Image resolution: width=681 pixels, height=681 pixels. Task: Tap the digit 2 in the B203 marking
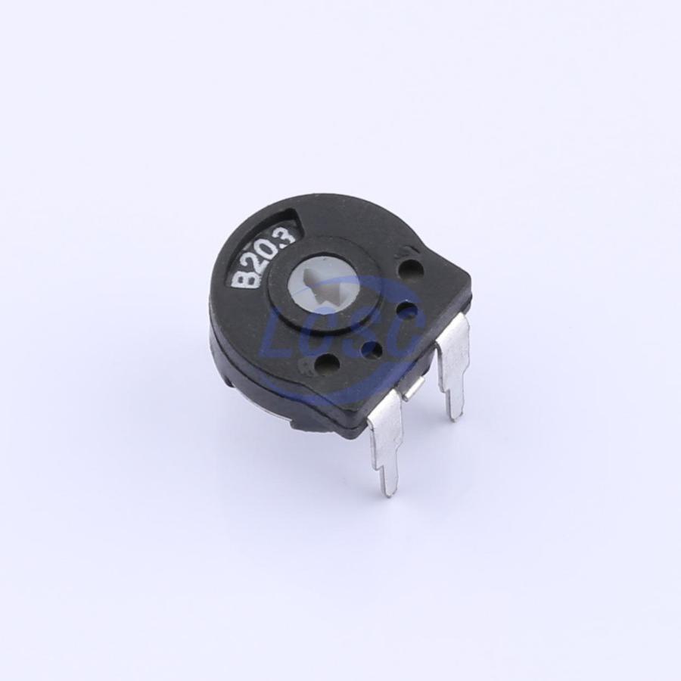coord(258,262)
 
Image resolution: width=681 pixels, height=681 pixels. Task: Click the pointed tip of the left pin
coord(392,495)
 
